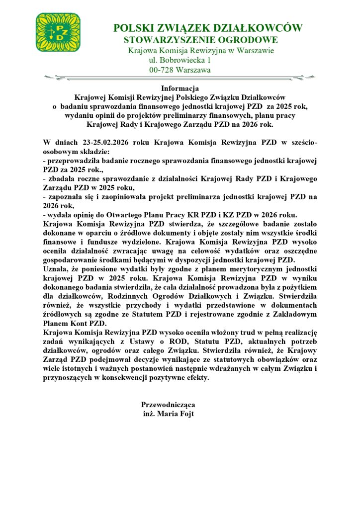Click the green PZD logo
[58, 32]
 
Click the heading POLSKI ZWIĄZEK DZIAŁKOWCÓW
[208, 28]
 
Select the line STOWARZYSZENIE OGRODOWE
[201, 40]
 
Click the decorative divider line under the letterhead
[180, 78]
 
